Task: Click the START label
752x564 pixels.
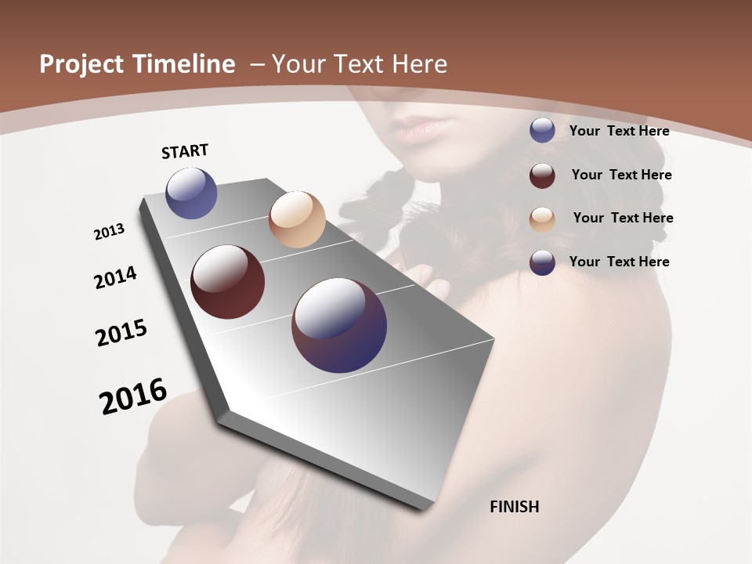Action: click(185, 151)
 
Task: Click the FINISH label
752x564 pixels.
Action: click(514, 507)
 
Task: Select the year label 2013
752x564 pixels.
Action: click(109, 232)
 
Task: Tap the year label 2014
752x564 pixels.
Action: click(115, 277)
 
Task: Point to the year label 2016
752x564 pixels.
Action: click(133, 396)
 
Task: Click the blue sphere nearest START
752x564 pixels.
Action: click(191, 193)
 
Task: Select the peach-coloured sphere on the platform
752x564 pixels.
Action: click(297, 219)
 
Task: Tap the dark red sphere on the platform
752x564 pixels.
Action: click(227, 282)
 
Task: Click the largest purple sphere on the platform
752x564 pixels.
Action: click(339, 325)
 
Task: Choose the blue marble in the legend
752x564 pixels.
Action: click(542, 130)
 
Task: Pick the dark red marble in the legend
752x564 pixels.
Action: click(542, 175)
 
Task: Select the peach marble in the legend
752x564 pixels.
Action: click(542, 219)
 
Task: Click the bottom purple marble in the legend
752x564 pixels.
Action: click(542, 262)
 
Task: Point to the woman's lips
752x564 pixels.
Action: click(424, 126)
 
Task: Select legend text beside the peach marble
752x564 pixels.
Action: click(623, 218)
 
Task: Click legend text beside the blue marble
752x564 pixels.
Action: click(619, 131)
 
